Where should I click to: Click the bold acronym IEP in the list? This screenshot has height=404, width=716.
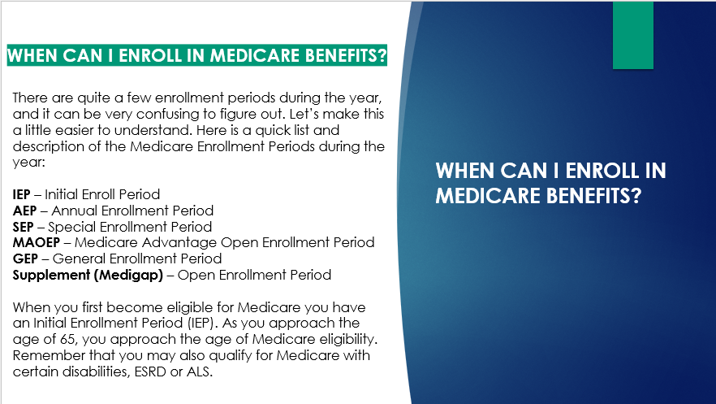(21, 195)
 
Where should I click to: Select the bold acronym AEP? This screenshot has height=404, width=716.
(24, 211)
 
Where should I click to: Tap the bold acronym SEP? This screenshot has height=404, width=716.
(24, 227)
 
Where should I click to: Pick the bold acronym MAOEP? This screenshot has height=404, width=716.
(37, 243)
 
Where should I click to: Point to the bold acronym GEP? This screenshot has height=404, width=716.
(25, 258)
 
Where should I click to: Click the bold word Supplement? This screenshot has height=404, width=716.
(52, 276)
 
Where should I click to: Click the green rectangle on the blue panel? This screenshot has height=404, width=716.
(633, 35)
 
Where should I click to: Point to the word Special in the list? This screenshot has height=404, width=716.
(72, 228)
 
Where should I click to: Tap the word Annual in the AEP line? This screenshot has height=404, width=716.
(75, 211)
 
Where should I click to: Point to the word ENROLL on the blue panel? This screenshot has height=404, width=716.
(602, 171)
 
